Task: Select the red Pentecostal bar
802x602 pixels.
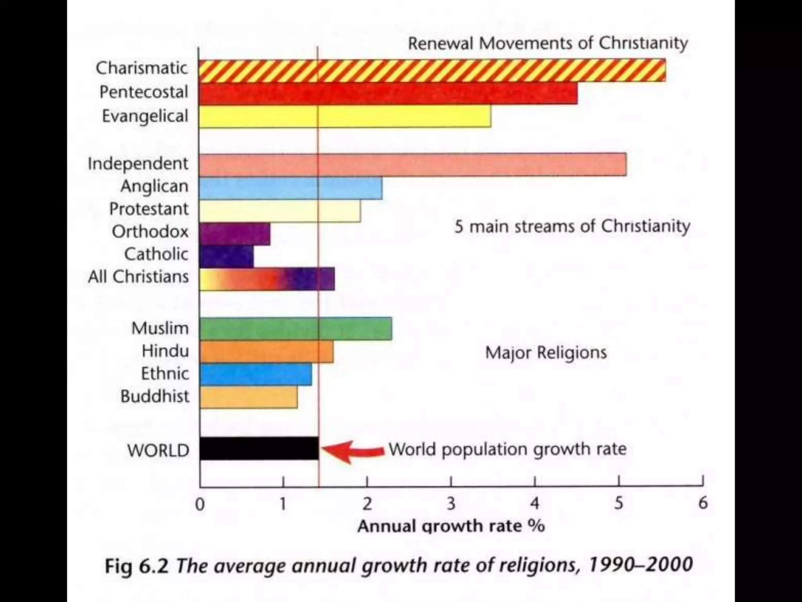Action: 388,94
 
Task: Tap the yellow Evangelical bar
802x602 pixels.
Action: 345,116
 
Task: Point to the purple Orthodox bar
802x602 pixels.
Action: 235,234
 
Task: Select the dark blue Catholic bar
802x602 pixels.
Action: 226,257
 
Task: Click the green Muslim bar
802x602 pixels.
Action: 296,329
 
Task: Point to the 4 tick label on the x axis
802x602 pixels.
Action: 535,503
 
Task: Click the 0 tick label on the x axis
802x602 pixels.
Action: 200,504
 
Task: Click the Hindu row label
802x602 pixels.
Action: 165,351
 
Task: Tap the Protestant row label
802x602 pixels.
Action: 149,209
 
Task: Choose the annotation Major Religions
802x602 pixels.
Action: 546,352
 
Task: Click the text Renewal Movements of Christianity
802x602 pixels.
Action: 547,43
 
